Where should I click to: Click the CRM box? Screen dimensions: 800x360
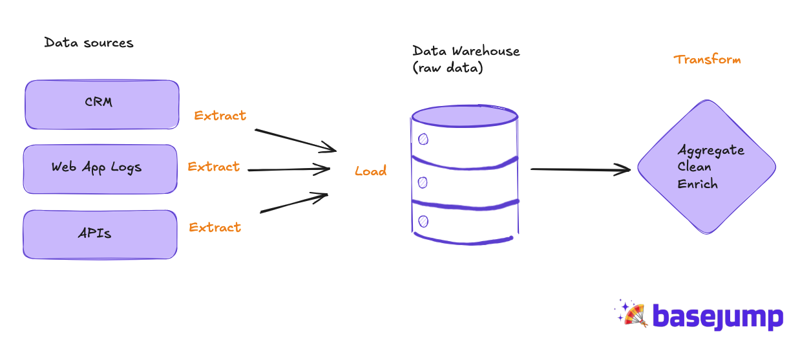(x=102, y=105)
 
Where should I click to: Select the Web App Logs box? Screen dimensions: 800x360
(x=100, y=169)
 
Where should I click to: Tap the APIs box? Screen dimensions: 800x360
(x=100, y=235)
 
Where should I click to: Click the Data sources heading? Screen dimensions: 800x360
(x=89, y=43)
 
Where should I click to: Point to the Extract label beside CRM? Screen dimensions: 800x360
(x=220, y=115)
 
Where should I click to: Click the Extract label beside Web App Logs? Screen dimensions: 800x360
(x=214, y=167)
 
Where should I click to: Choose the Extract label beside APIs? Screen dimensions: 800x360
(x=215, y=227)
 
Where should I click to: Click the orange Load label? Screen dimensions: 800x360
(x=371, y=171)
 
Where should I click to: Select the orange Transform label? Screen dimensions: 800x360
(x=707, y=59)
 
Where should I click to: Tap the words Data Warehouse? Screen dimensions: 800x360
(x=466, y=50)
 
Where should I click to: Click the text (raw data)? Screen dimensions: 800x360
(x=448, y=67)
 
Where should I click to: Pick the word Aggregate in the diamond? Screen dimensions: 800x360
(x=711, y=151)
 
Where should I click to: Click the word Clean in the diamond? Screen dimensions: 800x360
(x=694, y=167)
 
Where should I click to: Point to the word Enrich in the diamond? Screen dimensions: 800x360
(x=697, y=184)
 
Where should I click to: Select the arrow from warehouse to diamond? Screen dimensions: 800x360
(x=581, y=169)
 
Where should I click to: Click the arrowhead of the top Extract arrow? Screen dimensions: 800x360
(x=331, y=148)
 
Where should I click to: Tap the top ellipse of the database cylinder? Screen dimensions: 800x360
(x=465, y=116)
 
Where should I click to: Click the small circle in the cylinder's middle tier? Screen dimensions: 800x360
(x=423, y=182)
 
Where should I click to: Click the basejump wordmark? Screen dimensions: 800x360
(x=718, y=317)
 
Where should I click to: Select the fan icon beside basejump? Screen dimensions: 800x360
(x=632, y=313)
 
